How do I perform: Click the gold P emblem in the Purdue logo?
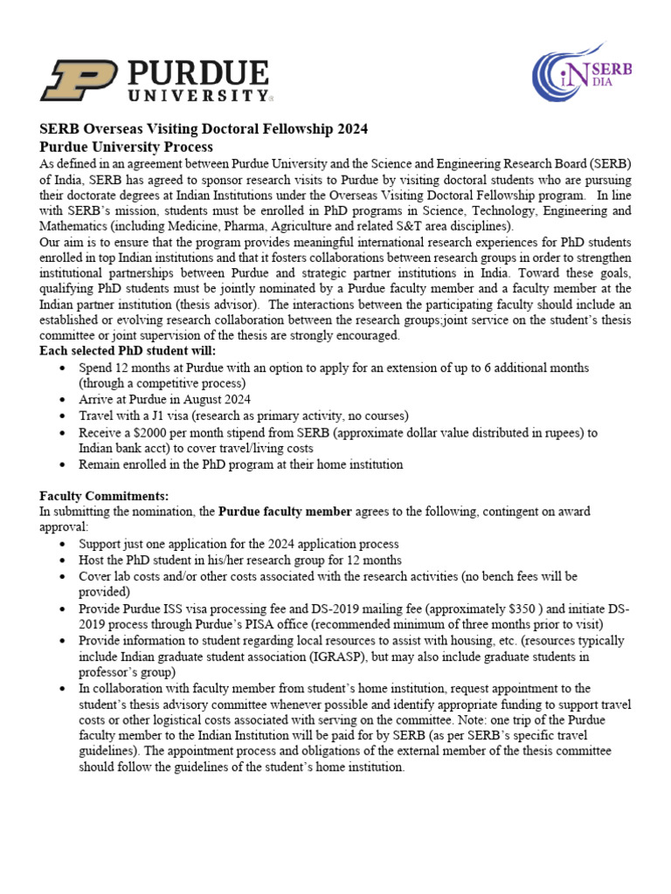pos(79,79)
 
